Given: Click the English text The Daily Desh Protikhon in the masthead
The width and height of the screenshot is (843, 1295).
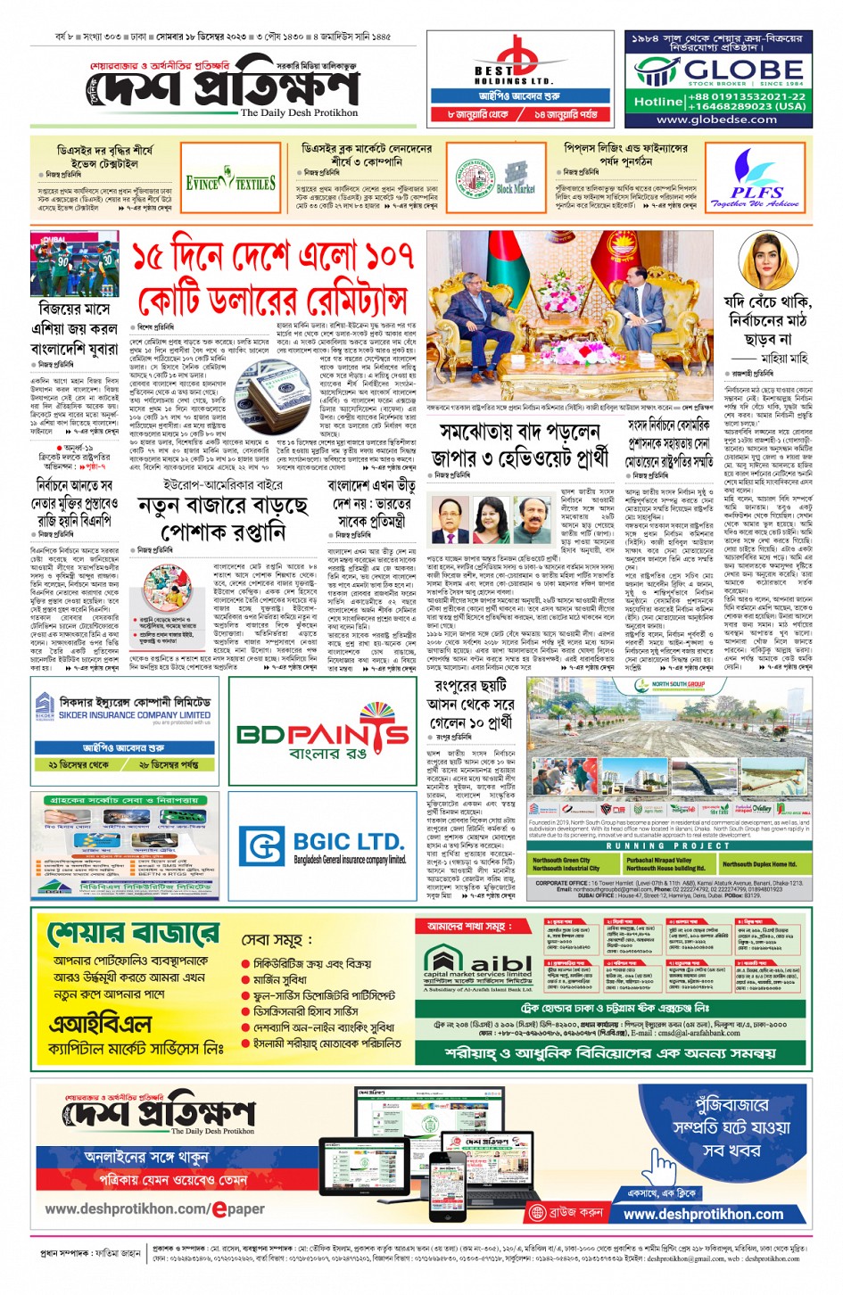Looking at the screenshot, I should pyautogui.click(x=299, y=113).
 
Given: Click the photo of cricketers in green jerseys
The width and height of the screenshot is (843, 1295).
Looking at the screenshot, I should pyautogui.click(x=74, y=265).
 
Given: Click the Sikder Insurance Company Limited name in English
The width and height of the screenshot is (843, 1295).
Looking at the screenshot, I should pyautogui.click(x=135, y=715).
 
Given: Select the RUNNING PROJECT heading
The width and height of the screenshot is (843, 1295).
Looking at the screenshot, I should pyautogui.click(x=668, y=845).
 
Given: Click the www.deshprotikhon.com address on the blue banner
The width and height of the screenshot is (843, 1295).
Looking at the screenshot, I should pyautogui.click(x=703, y=1214).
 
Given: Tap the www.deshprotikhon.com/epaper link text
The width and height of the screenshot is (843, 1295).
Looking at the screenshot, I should pyautogui.click(x=154, y=1208).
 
